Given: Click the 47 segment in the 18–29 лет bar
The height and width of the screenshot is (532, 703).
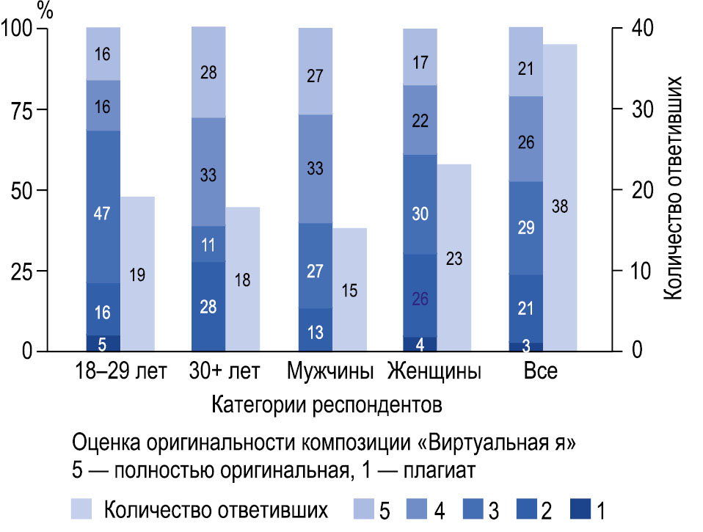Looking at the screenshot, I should (x=103, y=206).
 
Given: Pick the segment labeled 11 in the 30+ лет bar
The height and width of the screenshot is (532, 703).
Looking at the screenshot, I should (x=208, y=244).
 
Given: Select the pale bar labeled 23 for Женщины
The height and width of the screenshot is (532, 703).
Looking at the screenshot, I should (x=454, y=258).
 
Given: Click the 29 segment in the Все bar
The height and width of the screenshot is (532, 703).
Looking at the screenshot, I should (x=525, y=227).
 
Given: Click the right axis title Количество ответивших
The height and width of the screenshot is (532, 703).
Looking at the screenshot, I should (x=674, y=187).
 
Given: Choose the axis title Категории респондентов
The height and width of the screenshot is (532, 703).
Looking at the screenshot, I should (x=327, y=404).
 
